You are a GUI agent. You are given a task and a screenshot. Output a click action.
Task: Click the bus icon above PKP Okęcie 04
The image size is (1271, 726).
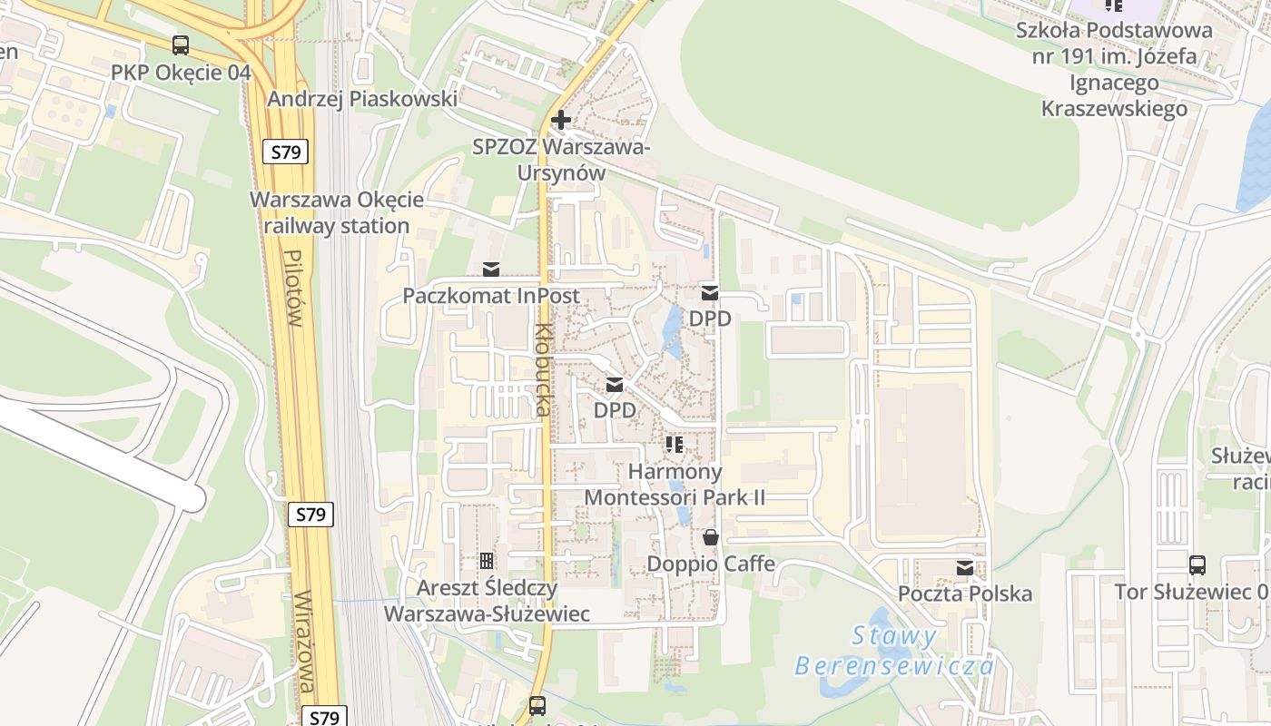[181, 45]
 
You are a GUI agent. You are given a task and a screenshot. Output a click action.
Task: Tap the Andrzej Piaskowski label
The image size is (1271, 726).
[362, 98]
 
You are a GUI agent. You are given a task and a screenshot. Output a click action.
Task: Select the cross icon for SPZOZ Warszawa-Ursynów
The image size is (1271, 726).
[561, 120]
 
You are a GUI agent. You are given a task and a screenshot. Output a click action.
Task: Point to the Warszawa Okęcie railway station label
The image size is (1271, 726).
[337, 212]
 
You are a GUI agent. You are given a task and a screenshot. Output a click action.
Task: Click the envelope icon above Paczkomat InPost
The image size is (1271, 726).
[491, 269]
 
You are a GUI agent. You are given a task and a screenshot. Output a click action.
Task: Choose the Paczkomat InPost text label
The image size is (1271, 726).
[491, 296]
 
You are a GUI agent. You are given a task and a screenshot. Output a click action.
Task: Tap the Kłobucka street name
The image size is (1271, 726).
[543, 370]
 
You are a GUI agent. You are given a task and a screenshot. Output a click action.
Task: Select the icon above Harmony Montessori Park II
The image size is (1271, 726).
[675, 445]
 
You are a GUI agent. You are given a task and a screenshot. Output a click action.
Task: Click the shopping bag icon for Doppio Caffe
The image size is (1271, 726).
[711, 537]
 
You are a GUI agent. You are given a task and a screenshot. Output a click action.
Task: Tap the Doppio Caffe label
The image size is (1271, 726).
[711, 564]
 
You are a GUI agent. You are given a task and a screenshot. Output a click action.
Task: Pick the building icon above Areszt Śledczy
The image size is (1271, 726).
[487, 561]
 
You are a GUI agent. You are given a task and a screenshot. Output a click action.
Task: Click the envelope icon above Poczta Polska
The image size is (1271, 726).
[965, 568]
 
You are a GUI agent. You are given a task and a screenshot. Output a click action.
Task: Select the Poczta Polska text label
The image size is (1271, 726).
[965, 594]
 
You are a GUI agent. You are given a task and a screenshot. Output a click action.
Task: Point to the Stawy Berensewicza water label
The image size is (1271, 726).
[895, 651]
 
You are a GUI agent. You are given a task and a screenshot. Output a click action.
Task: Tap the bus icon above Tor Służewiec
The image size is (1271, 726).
[1197, 565]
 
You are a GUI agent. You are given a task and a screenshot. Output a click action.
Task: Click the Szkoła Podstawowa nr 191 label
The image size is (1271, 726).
[1114, 69]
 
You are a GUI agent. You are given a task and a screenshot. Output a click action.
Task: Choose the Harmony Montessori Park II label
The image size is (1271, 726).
[675, 485]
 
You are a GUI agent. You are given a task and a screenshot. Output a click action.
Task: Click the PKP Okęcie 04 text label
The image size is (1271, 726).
[181, 73]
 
